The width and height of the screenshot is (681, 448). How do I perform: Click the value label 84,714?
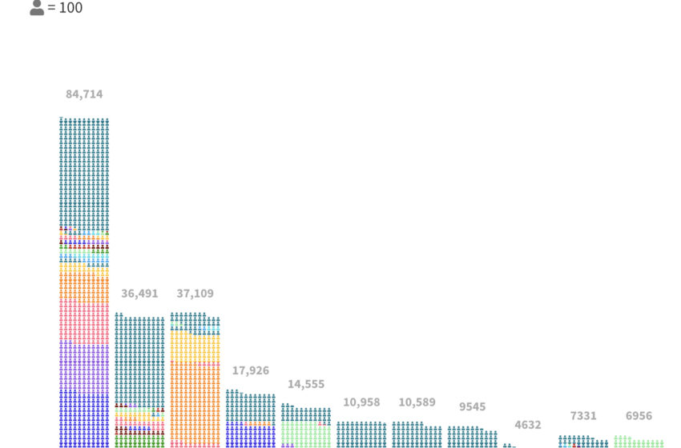84,94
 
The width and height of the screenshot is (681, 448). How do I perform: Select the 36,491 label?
139,294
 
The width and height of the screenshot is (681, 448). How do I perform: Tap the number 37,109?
195,294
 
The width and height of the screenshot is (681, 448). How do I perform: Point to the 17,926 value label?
250,370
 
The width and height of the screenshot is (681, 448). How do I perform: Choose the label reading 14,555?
306,384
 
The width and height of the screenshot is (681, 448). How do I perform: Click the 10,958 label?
361,402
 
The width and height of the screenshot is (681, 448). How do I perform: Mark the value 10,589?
417,402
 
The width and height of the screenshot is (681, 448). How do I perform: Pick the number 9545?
472,406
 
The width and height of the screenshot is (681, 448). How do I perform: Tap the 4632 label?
527,425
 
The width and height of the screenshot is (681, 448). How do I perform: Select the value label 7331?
583,416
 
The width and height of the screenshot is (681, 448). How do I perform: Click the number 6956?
639,416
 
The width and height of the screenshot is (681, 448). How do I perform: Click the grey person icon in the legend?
37,8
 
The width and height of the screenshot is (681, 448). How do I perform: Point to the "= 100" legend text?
65,8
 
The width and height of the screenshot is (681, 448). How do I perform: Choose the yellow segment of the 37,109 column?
195,346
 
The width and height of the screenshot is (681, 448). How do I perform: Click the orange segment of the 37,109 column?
195,400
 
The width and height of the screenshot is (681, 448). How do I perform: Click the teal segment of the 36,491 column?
139,360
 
